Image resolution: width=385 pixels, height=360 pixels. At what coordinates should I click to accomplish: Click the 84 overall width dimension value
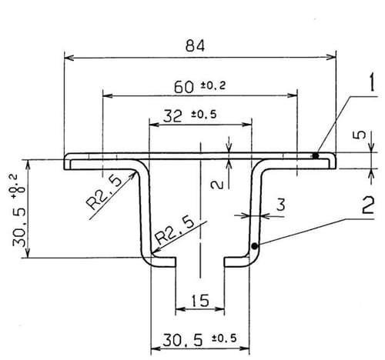pos(195,46)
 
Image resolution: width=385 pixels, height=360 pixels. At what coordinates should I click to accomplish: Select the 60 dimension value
pos(184,87)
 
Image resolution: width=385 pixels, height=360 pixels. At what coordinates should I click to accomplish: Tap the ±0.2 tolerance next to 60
pos(213,85)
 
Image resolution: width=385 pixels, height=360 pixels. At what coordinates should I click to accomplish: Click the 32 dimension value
pos(172,116)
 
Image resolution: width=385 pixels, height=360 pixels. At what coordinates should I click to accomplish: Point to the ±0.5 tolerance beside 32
pos(204,114)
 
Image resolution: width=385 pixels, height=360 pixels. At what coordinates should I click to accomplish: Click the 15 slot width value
pos(200,300)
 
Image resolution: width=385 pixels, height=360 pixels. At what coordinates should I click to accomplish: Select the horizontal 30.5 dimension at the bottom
pos(182,340)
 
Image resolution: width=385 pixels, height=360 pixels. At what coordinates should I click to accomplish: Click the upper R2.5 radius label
pos(104,192)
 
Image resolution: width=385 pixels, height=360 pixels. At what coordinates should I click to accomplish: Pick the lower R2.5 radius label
pos(175,231)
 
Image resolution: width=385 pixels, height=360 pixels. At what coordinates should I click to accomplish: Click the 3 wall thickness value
pos(281,205)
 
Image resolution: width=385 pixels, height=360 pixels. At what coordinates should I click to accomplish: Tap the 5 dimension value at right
pos(361,135)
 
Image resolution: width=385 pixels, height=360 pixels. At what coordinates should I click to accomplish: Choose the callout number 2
pos(368,205)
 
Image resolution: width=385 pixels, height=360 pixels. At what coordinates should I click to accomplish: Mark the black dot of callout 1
pos(316,155)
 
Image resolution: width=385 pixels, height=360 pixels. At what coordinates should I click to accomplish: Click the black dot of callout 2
pos(254,246)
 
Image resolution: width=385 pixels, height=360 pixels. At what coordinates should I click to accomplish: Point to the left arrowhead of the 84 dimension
pos(69,58)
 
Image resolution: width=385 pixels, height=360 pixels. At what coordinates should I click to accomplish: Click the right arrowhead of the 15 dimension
pos(220,309)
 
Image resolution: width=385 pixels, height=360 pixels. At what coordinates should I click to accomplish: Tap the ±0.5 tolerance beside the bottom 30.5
pos(224,338)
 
